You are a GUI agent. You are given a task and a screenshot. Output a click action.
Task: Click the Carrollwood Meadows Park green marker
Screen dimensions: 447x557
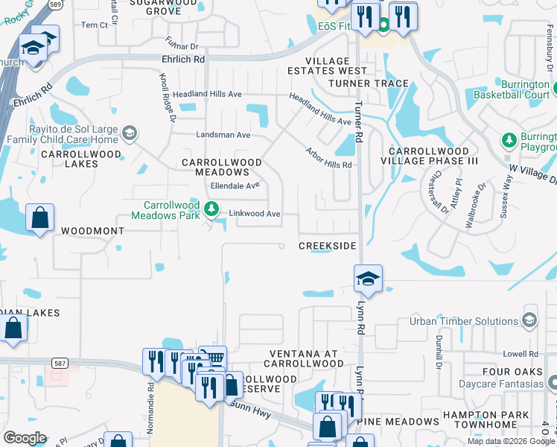(x=212, y=209)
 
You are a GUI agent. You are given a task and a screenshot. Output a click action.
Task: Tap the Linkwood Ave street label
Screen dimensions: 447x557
(x=254, y=214)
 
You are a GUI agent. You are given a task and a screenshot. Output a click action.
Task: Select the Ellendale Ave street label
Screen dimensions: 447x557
(x=235, y=186)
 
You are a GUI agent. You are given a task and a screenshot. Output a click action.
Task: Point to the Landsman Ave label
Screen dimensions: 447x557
(x=223, y=135)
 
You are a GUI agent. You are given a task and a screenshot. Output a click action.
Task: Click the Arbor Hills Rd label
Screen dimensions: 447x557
(x=328, y=157)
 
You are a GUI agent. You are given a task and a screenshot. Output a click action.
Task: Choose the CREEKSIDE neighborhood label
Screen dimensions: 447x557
(x=328, y=246)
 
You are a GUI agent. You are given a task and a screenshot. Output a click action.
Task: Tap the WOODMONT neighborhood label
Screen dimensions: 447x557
(x=92, y=231)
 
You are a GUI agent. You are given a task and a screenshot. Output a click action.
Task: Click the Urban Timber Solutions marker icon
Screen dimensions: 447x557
(x=529, y=321)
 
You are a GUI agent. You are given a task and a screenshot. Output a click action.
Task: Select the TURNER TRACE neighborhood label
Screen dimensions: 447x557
(x=369, y=83)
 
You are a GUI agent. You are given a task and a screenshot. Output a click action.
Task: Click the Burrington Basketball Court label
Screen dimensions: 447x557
(x=514, y=90)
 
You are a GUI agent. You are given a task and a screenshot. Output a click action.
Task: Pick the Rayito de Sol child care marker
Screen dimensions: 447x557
(x=129, y=134)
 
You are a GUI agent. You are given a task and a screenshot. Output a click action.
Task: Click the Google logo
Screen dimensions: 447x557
(x=25, y=438)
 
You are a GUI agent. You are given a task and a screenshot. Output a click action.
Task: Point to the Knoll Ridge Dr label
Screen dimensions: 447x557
(x=167, y=97)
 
